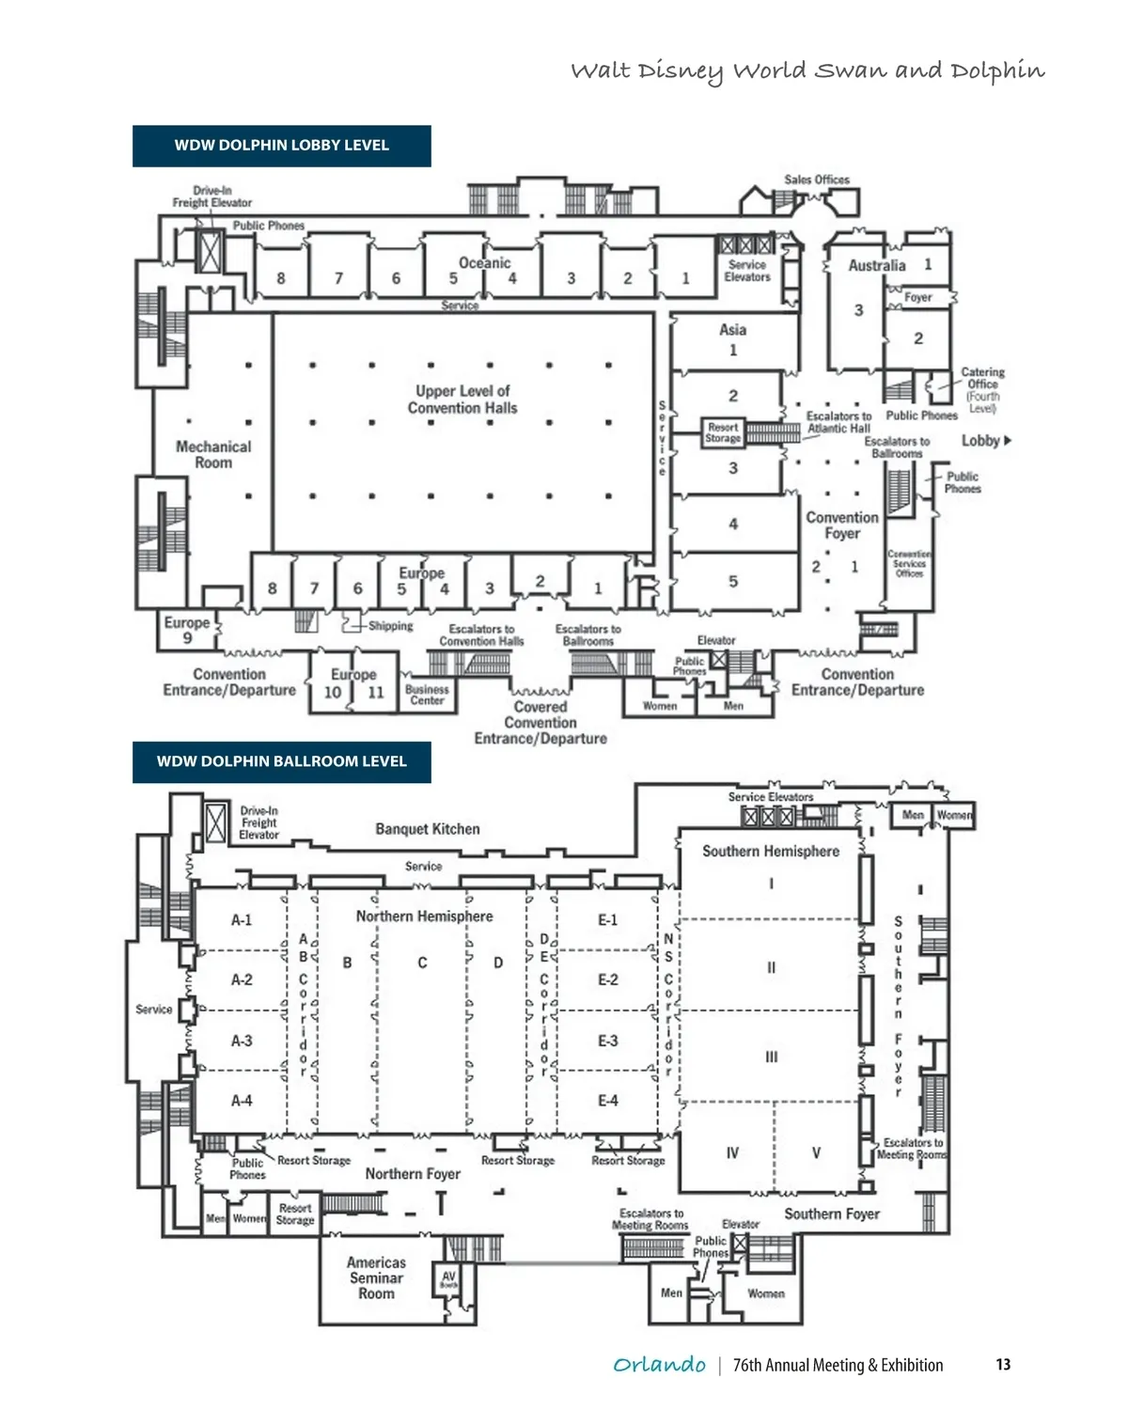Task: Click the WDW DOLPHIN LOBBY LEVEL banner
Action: pos(281,146)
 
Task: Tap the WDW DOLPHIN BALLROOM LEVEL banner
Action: pos(281,761)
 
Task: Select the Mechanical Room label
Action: pos(213,455)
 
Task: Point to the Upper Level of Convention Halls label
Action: pos(462,399)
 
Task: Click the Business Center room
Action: pos(427,695)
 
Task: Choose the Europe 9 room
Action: pos(187,630)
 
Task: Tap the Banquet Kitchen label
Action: pos(428,829)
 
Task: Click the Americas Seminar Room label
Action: pos(376,1278)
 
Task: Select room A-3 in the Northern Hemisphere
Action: pos(242,1041)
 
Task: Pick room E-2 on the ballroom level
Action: pos(608,979)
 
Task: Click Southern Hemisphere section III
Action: pos(771,1057)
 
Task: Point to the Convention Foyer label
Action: pos(842,525)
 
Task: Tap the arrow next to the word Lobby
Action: pos(1009,440)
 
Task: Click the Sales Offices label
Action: pos(817,180)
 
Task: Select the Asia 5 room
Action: pos(733,582)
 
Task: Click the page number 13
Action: pos(1003,1365)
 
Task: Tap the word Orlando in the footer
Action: pos(659,1365)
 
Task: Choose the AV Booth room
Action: pos(448,1280)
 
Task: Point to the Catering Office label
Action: pos(982,384)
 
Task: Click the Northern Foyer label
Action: pos(413,1174)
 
